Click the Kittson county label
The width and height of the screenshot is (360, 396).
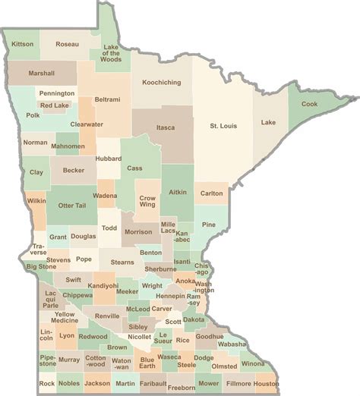click(22, 45)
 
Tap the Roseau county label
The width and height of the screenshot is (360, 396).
click(67, 45)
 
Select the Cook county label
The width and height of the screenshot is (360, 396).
click(309, 104)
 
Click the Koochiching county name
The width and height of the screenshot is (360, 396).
click(161, 82)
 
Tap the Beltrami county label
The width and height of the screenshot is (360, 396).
click(108, 99)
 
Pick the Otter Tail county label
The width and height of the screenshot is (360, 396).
click(72, 206)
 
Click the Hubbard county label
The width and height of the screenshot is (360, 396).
click(109, 159)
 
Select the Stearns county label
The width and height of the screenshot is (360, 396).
click(122, 262)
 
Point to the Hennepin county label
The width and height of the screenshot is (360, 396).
click(170, 296)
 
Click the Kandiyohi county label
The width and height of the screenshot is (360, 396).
click(103, 286)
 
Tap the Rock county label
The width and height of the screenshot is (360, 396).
click(47, 384)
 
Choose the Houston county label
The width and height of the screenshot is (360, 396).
click(267, 384)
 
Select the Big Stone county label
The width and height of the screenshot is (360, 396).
click(41, 267)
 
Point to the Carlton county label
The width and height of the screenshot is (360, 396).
click(211, 193)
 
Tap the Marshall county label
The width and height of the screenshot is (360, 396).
click(42, 74)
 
